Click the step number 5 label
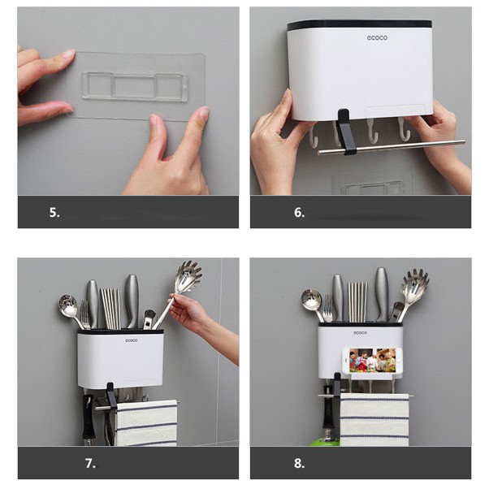click(x=54, y=212)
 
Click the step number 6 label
click(x=300, y=212)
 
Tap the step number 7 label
click(x=90, y=463)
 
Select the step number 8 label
click(x=300, y=463)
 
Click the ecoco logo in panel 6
click(x=377, y=37)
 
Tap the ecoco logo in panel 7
click(x=132, y=340)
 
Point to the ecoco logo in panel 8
click(x=360, y=333)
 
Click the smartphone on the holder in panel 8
click(x=373, y=361)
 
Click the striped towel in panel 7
click(x=146, y=423)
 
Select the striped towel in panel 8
click(x=374, y=419)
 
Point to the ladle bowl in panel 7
click(x=67, y=303)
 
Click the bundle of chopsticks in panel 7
click(x=110, y=308)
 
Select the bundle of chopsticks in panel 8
click(x=357, y=301)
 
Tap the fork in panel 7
click(x=84, y=314)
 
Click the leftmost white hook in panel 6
click(x=313, y=135)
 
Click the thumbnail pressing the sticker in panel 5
click(x=204, y=111)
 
